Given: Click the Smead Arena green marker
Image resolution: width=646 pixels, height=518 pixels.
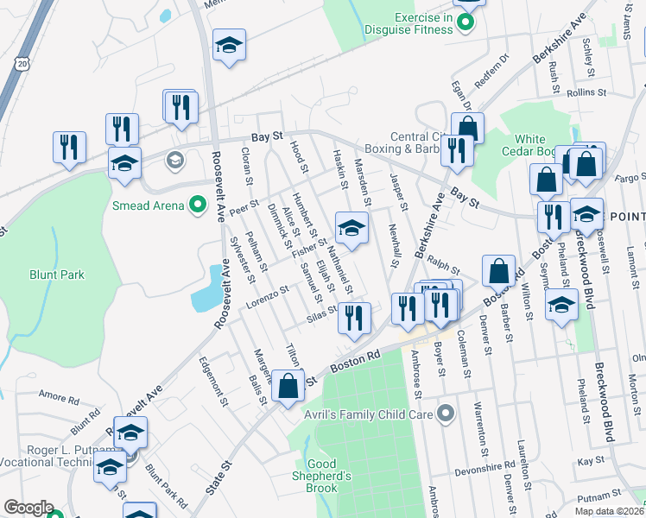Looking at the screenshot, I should pos(198,205).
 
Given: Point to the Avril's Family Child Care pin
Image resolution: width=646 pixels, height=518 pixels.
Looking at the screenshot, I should pos(446,414).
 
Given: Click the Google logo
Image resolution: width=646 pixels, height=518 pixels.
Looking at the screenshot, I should pos(28,508).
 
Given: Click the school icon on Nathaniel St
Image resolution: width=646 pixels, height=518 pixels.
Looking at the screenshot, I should pos(351,228).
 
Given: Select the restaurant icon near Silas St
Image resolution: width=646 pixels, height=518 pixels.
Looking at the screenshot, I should pos(355,318).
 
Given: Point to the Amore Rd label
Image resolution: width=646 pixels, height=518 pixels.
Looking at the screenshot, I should pos(59,396).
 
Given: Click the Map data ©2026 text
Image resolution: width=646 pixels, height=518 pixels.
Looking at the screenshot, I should pos(609,511).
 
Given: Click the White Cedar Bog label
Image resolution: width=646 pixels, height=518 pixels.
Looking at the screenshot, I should pos(541,146).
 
